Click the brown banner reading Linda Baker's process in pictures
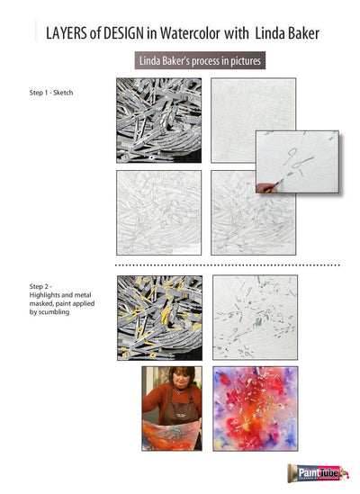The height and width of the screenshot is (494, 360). tap(200, 62)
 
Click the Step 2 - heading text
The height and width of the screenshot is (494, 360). tap(43, 286)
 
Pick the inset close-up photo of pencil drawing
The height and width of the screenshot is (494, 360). tap(297, 162)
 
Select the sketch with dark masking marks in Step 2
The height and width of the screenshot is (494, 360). tap(255, 317)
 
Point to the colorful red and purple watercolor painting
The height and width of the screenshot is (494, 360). tap(255, 407)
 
